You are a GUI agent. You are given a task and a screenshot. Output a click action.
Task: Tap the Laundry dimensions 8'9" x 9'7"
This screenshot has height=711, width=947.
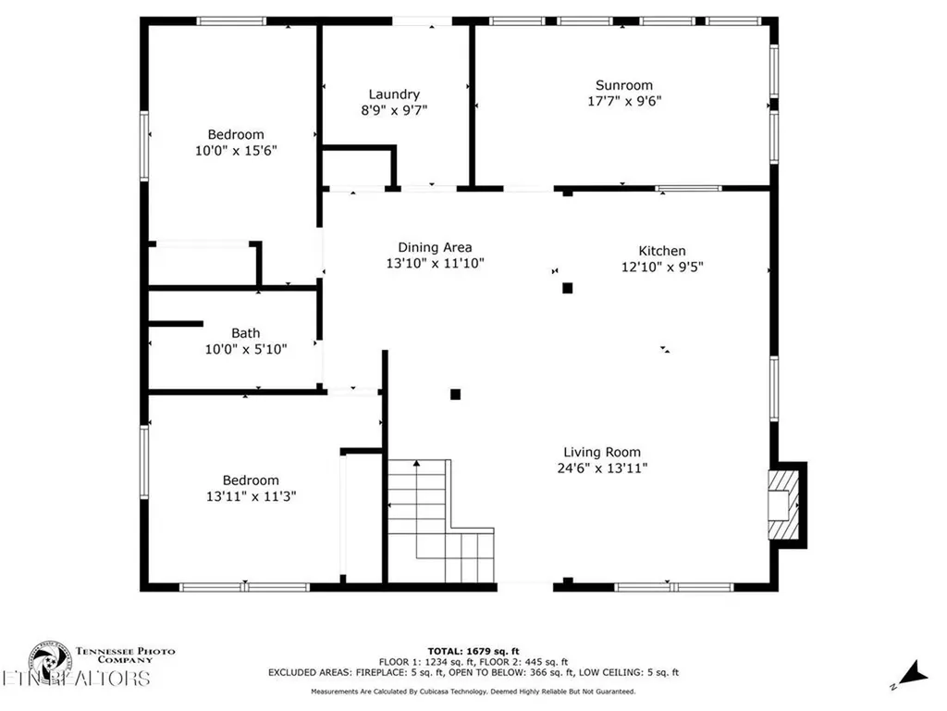[x=394, y=109]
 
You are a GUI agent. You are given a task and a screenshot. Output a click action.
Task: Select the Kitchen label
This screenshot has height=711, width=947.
[x=662, y=251]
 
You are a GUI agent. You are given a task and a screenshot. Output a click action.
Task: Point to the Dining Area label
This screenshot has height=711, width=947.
[x=435, y=247]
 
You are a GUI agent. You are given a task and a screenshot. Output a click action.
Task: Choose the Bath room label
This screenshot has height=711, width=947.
[x=245, y=333]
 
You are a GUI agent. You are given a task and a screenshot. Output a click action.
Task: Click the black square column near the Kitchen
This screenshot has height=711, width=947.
[x=568, y=288]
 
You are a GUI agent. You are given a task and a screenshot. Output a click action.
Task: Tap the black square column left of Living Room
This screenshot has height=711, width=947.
[x=455, y=393]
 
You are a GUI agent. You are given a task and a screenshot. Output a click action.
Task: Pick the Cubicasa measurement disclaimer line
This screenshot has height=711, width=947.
[x=473, y=692]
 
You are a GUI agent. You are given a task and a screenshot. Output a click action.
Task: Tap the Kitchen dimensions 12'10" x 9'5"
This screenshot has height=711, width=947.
[x=662, y=267]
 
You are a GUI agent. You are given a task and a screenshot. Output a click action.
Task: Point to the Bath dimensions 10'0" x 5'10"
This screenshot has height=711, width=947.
[x=245, y=349]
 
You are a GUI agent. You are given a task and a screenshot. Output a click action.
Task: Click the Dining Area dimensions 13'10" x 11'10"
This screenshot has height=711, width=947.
[x=435, y=263]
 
